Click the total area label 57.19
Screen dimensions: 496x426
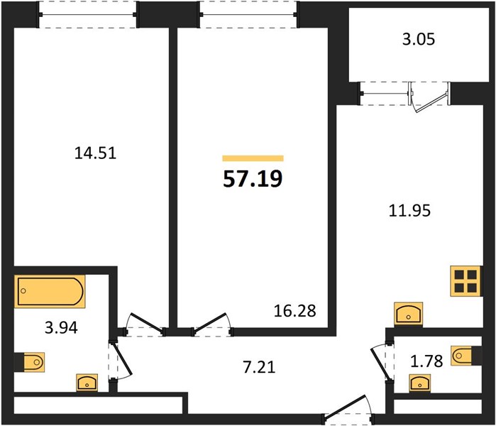[253, 179]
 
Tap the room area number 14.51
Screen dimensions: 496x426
[95, 153]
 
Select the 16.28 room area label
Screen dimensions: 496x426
[294, 311]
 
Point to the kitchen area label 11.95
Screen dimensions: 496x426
[409, 210]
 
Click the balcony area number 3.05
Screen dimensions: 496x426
[419, 39]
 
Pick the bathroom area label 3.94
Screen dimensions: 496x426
[61, 328]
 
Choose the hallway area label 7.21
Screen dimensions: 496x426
[259, 367]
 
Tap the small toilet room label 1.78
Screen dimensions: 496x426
[426, 361]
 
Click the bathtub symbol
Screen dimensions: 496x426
[50, 291]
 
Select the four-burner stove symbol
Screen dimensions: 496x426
[465, 281]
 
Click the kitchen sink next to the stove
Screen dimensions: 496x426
[409, 314]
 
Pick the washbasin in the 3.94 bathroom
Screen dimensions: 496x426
[87, 383]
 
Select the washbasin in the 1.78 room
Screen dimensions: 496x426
[420, 383]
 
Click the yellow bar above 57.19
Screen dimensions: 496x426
[253, 158]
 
